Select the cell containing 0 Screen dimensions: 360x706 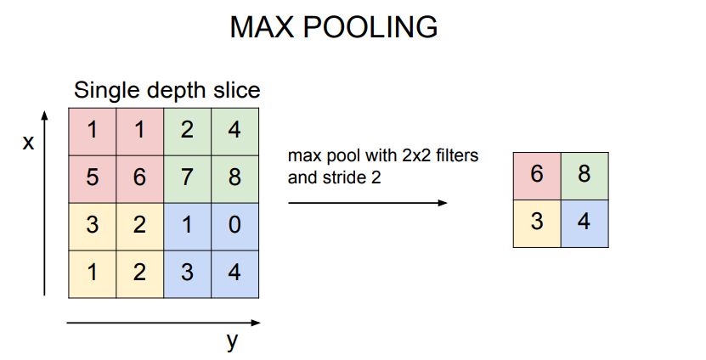[234, 225]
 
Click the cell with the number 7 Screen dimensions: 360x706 [187, 177]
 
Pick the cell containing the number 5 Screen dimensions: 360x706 [92, 177]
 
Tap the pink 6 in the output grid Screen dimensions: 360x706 [537, 176]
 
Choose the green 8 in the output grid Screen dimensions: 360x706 [585, 176]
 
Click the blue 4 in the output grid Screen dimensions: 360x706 [585, 223]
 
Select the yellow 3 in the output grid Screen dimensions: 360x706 [537, 223]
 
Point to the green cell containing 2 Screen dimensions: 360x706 [187, 131]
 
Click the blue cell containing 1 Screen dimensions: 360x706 [187, 225]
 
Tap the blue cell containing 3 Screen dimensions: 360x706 [187, 273]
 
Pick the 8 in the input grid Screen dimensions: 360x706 [234, 177]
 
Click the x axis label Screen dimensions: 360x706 [28, 143]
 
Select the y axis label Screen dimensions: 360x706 [230, 341]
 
